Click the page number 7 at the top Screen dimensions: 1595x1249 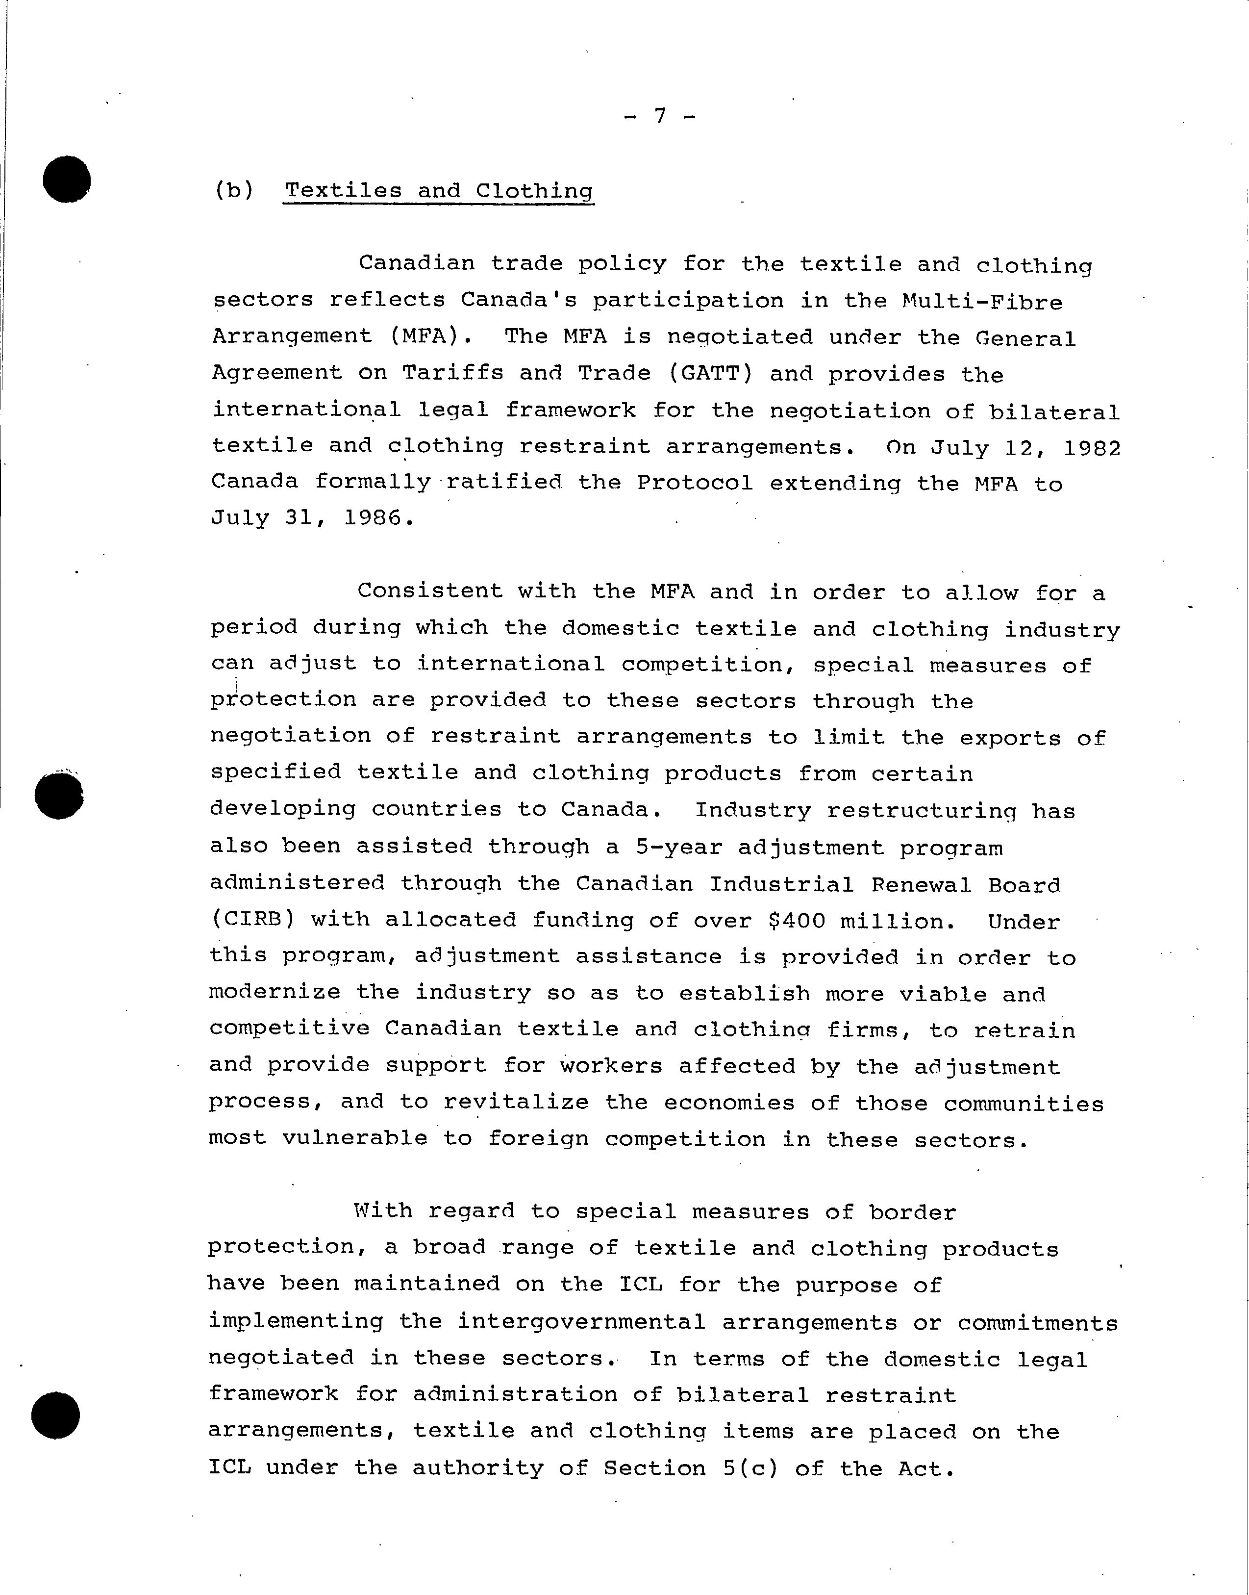pos(660,116)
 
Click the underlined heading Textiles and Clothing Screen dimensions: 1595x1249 pos(439,191)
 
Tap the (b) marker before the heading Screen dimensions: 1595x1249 pos(234,191)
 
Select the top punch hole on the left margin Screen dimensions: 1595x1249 pos(67,179)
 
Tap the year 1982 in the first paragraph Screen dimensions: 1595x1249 pos(1091,447)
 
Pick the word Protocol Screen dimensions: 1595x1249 pos(695,483)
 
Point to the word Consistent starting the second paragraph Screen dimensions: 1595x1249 pos(430,591)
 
